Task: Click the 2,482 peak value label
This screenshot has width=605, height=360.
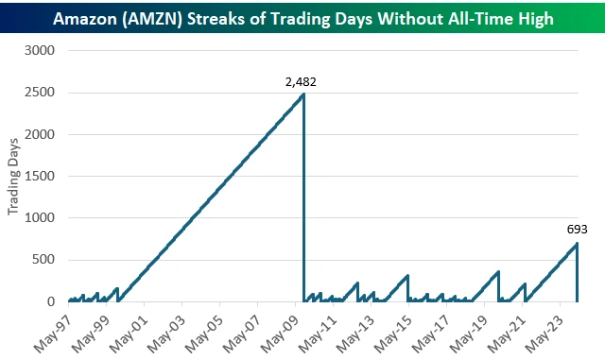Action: pyautogui.click(x=301, y=82)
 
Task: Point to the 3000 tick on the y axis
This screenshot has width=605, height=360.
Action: pyautogui.click(x=43, y=50)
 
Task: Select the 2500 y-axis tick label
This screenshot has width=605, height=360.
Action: pyautogui.click(x=43, y=93)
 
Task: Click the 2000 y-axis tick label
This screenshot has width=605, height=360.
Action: pyautogui.click(x=43, y=134)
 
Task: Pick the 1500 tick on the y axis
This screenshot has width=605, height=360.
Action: pyautogui.click(x=43, y=176)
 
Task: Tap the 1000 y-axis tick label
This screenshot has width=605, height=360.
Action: pyautogui.click(x=43, y=218)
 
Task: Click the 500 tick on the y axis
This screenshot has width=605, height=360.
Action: pyautogui.click(x=46, y=260)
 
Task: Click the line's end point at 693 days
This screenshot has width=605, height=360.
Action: pyautogui.click(x=576, y=244)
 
